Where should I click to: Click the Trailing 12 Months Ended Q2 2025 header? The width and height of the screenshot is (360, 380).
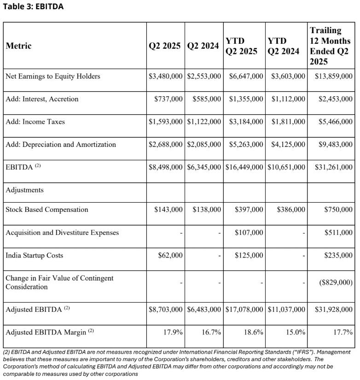click(331, 46)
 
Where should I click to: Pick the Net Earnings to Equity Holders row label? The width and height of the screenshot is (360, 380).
click(53, 76)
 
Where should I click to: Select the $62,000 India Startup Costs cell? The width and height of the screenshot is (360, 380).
click(170, 255)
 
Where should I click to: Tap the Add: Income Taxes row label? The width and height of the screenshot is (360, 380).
click(35, 122)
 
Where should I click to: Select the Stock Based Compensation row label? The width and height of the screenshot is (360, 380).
click(47, 210)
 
